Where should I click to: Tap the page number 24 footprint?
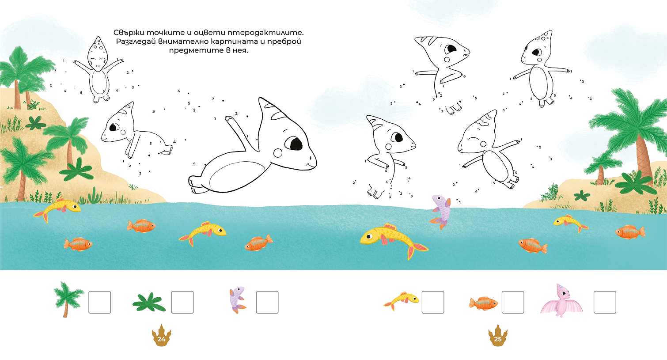[161, 336]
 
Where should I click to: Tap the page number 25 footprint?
[497, 336]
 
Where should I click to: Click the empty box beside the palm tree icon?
[99, 302]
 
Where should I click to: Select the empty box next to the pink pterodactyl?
[605, 302]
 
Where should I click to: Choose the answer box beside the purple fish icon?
[267, 302]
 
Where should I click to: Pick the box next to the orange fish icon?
[513, 302]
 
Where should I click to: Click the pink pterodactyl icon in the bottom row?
[561, 300]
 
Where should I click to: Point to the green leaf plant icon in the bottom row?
[149, 303]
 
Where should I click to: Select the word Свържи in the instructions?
[129, 32]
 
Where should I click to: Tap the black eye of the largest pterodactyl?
[294, 143]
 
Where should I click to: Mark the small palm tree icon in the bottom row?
[68, 299]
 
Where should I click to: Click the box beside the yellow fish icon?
[432, 302]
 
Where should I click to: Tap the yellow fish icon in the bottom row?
[401, 301]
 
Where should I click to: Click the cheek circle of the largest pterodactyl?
[277, 153]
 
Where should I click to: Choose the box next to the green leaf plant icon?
[182, 302]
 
